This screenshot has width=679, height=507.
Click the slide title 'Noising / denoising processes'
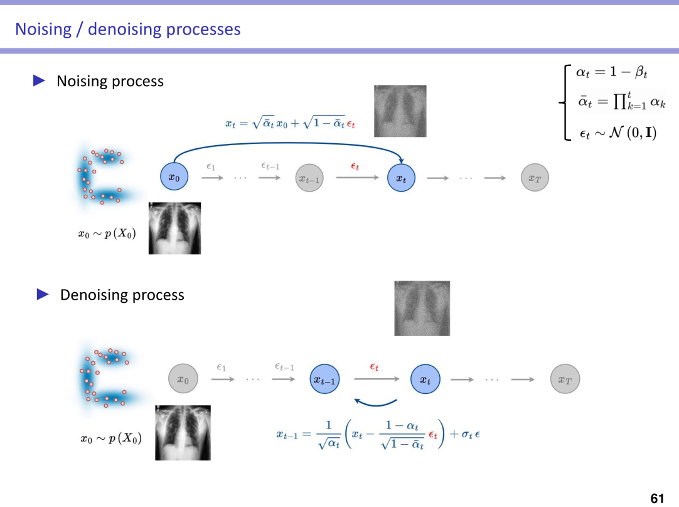tap(127, 29)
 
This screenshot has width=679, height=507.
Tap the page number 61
tap(657, 499)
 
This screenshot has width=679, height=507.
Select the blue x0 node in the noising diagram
tap(174, 178)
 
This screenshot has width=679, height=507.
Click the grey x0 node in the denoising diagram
tap(183, 379)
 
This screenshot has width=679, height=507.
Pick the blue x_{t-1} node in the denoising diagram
tap(326, 379)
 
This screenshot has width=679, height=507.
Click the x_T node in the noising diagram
tap(535, 178)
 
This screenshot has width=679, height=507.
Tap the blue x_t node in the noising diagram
tap(402, 178)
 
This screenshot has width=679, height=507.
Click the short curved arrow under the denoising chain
tap(375, 402)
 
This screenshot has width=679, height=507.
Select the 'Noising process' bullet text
tap(110, 81)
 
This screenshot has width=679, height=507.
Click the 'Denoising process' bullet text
tap(122, 295)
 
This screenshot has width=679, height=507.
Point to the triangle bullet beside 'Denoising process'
tap(43, 294)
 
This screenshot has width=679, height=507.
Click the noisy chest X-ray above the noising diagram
tap(400, 111)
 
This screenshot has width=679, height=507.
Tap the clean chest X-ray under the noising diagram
tap(174, 227)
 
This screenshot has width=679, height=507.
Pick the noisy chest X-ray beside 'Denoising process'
tap(422, 308)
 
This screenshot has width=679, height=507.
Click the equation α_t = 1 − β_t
tap(612, 72)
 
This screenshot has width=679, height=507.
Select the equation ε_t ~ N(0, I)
tap(618, 133)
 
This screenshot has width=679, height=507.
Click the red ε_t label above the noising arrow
tap(355, 166)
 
